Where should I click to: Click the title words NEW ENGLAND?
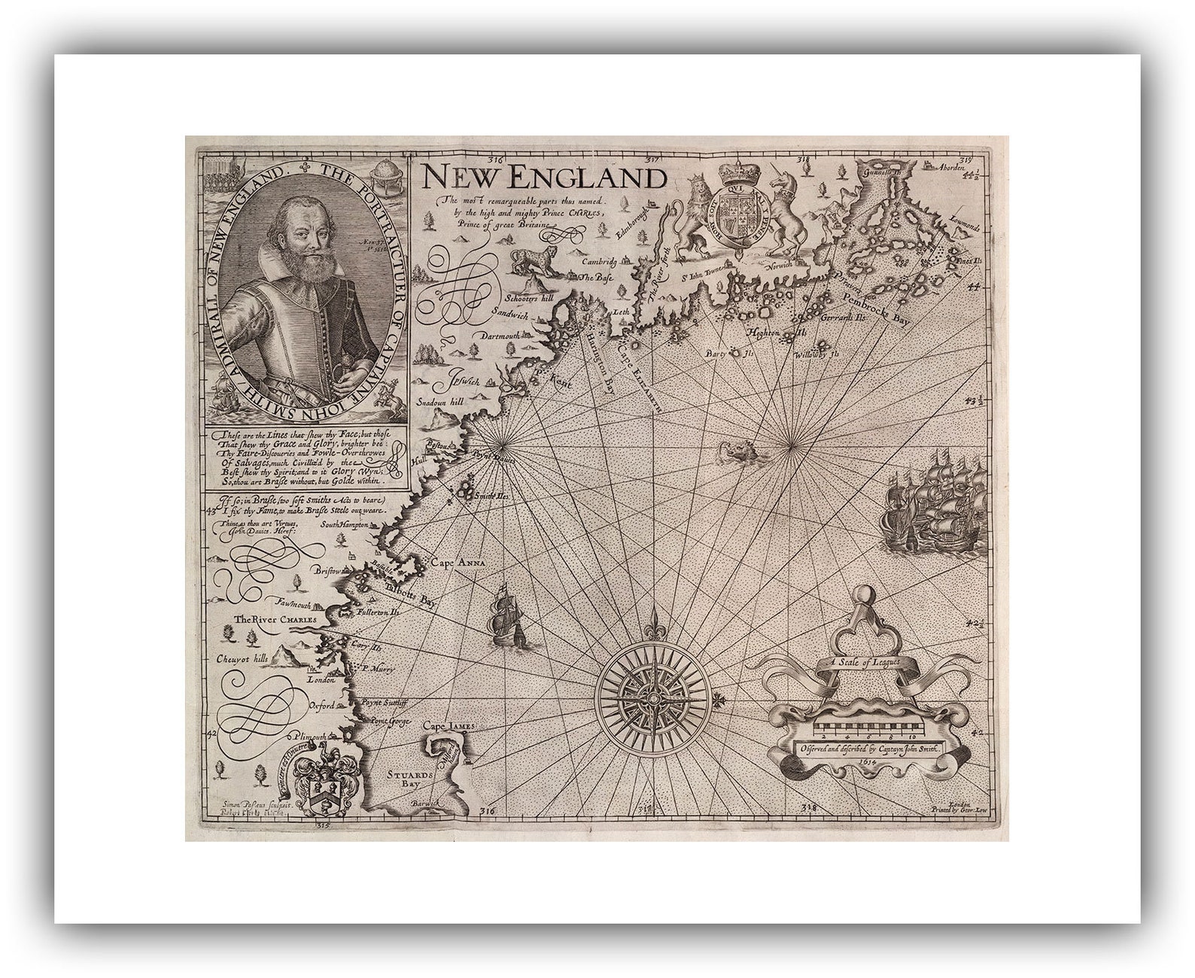[543, 178]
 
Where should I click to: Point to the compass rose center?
[652, 698]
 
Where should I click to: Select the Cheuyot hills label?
[242, 658]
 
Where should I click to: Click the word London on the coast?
[321, 679]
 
